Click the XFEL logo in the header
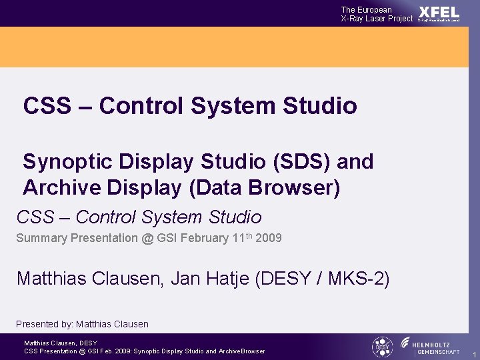click(x=439, y=13)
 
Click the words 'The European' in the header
click(x=366, y=9)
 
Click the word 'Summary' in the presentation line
click(x=40, y=238)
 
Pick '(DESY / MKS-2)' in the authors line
click(x=322, y=278)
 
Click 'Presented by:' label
click(x=44, y=324)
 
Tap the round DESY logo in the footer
click(x=381, y=347)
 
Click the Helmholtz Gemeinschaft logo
click(x=430, y=347)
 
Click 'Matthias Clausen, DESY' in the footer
click(x=61, y=343)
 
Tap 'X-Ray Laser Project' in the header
click(x=377, y=19)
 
